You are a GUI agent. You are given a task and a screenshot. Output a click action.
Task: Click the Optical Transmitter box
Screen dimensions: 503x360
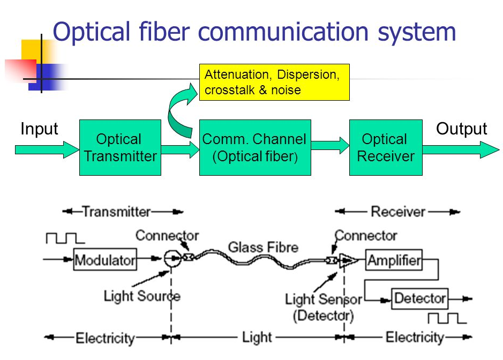tap(121, 148)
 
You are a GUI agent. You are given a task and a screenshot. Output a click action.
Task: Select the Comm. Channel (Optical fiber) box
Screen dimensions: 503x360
tap(255, 148)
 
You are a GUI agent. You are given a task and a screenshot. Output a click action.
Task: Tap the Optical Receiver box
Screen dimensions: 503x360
tap(386, 148)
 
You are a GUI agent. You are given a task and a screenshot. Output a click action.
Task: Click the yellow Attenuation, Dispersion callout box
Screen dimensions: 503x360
tap(274, 82)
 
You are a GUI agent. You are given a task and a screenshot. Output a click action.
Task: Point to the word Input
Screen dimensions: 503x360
tap(39, 129)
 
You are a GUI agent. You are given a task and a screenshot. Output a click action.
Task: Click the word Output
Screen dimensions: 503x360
tap(461, 129)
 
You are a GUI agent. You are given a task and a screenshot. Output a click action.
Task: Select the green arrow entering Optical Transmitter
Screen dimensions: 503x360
tap(47, 149)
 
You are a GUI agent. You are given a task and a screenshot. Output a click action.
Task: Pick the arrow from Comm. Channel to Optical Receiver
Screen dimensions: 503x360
tap(330, 145)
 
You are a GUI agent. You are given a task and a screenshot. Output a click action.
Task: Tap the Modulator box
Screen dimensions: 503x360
tap(105, 259)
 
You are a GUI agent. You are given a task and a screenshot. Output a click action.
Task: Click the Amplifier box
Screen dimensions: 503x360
tap(394, 260)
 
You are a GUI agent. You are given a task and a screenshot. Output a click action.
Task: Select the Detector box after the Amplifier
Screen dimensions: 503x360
tap(420, 298)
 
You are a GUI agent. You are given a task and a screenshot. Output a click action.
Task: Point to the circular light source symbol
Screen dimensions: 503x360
tap(172, 258)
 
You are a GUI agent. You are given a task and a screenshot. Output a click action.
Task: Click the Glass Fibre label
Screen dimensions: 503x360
tap(263, 247)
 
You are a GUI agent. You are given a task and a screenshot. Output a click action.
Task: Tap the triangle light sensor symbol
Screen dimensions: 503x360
tap(348, 260)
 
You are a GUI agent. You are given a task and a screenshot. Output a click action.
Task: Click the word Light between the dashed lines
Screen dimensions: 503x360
tap(257, 337)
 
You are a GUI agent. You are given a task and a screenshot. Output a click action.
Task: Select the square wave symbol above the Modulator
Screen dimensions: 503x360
tap(65, 238)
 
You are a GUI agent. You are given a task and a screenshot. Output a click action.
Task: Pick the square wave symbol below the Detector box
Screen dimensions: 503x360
tap(447, 318)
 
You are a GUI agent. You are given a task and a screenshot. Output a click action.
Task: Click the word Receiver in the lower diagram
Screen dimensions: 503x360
tap(398, 212)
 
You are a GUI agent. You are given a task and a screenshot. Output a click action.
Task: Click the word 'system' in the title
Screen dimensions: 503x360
tap(417, 32)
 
